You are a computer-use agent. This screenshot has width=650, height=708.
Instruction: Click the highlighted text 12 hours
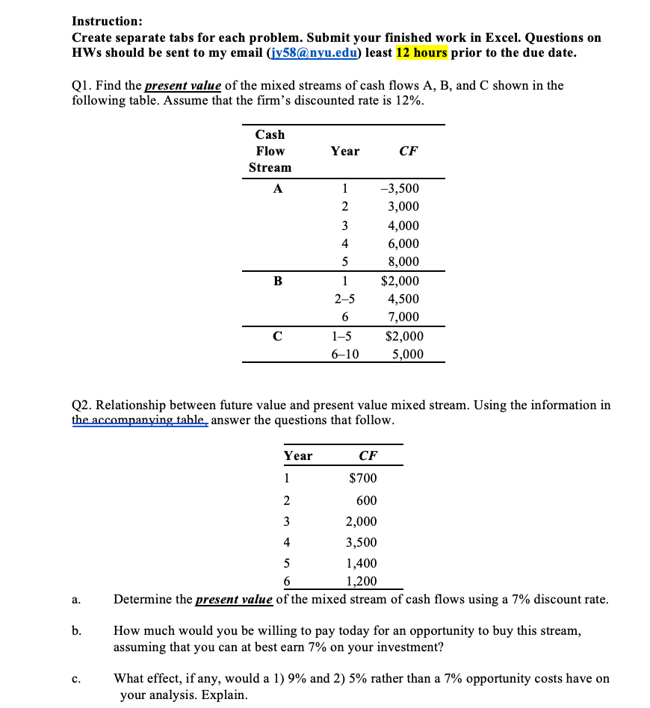click(421, 52)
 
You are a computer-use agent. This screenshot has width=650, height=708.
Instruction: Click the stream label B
click(278, 282)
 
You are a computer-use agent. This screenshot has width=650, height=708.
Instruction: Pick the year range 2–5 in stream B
click(344, 299)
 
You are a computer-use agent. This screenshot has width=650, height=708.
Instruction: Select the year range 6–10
click(344, 354)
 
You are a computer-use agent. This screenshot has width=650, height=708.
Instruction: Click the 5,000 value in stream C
click(408, 354)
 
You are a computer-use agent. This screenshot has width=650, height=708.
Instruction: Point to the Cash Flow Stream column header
click(270, 151)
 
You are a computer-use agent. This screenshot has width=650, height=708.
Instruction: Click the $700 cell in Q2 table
click(363, 478)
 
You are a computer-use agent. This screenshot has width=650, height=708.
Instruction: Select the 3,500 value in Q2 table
click(361, 542)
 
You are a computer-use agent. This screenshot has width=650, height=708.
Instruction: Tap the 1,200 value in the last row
click(361, 582)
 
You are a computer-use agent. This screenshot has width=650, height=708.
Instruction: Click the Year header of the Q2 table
click(297, 456)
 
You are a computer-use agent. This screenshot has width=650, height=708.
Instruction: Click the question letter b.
click(76, 631)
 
